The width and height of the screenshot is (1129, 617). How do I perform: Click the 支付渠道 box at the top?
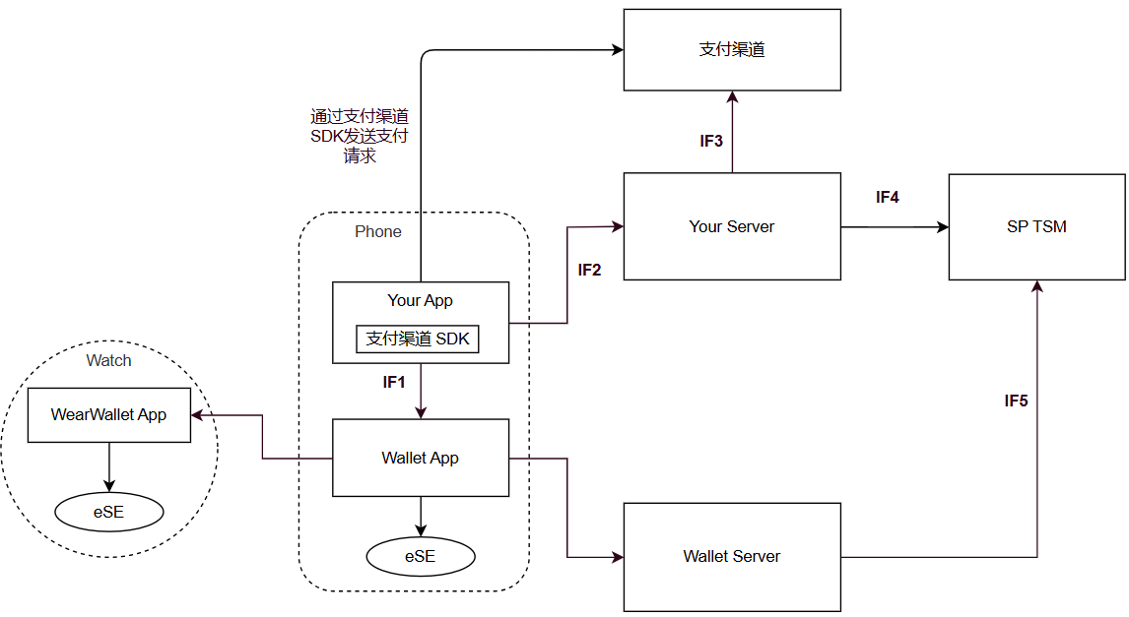tap(732, 49)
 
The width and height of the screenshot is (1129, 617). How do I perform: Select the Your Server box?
tap(732, 226)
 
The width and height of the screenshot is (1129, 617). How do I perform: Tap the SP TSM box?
tap(1036, 226)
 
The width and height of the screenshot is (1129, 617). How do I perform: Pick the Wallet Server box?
tap(732, 557)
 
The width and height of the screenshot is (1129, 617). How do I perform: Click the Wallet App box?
tap(421, 458)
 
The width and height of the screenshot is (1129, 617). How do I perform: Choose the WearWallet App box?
tap(108, 415)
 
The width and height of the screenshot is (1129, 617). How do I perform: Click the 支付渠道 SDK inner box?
tap(418, 339)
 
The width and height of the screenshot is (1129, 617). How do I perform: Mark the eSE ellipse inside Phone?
tap(421, 557)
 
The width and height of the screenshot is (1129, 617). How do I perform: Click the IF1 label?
tap(394, 383)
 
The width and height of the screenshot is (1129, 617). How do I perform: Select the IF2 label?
tap(589, 270)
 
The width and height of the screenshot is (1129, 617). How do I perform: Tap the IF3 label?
tap(711, 141)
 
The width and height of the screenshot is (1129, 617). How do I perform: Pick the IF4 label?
tap(887, 197)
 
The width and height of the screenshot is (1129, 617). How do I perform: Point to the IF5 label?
tap(1016, 401)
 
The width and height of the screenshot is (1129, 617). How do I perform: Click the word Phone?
tap(378, 232)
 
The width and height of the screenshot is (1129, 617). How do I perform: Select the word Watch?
tap(108, 360)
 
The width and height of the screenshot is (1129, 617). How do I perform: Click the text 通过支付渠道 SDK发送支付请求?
tap(360, 136)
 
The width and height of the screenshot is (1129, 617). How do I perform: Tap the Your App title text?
tap(421, 300)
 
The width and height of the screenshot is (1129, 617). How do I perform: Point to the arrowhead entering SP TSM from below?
tap(1036, 286)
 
